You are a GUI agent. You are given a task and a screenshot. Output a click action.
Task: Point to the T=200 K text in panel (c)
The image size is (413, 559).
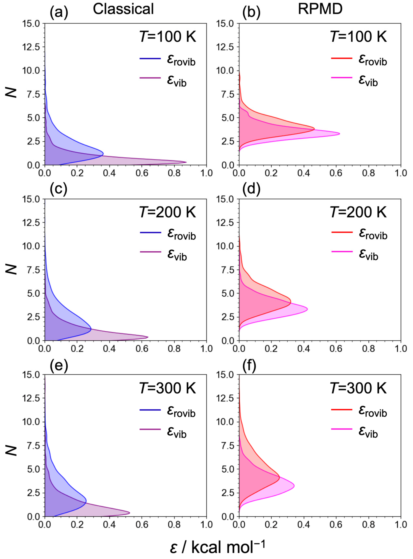(x=167, y=212)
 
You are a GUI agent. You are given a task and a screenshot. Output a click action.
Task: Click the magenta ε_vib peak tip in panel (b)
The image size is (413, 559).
(x=339, y=134)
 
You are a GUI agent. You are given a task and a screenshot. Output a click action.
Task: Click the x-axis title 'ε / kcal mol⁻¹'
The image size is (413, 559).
(x=217, y=546)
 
